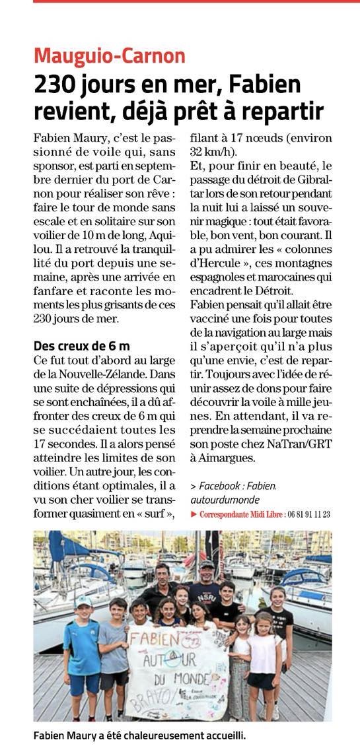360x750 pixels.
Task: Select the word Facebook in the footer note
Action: click(221, 487)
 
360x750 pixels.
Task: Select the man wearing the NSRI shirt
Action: click(206, 581)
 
